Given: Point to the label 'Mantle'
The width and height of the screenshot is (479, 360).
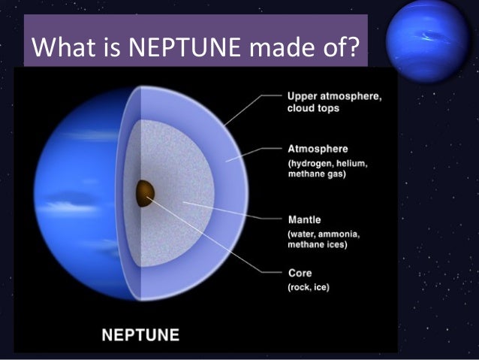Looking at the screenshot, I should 305,219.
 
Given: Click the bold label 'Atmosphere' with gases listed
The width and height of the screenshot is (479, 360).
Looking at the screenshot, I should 318,149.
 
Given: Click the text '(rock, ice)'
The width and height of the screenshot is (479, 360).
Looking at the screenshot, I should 309,286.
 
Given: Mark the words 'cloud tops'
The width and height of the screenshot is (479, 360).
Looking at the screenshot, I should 314,108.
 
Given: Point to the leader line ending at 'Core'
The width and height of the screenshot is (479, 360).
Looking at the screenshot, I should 218,244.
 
